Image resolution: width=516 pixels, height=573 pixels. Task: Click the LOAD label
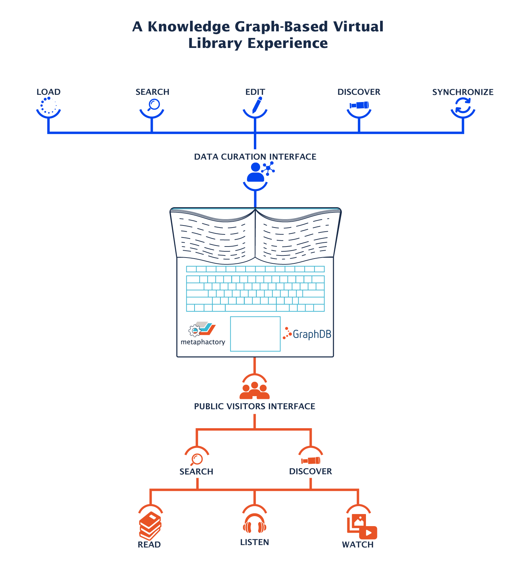click(49, 92)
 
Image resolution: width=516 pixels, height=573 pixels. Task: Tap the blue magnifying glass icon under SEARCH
click(153, 104)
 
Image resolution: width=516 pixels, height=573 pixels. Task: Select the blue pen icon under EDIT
click(257, 105)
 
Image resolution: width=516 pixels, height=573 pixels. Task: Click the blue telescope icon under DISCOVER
click(359, 105)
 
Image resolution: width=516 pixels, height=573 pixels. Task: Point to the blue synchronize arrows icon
click(463, 105)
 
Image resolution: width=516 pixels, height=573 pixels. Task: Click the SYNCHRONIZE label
click(463, 92)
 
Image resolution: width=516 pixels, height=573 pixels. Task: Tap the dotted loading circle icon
click(49, 105)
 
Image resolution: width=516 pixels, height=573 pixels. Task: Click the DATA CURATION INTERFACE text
click(255, 157)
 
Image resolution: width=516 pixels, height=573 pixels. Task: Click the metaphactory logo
click(202, 334)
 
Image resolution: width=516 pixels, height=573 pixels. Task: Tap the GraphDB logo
click(307, 334)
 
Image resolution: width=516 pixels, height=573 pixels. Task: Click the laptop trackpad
click(255, 334)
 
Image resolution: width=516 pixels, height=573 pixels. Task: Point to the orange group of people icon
click(255, 390)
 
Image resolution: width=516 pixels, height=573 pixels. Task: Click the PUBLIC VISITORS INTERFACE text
click(255, 406)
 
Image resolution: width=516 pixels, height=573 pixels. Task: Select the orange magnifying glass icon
click(197, 459)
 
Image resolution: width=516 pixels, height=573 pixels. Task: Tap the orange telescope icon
click(311, 461)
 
